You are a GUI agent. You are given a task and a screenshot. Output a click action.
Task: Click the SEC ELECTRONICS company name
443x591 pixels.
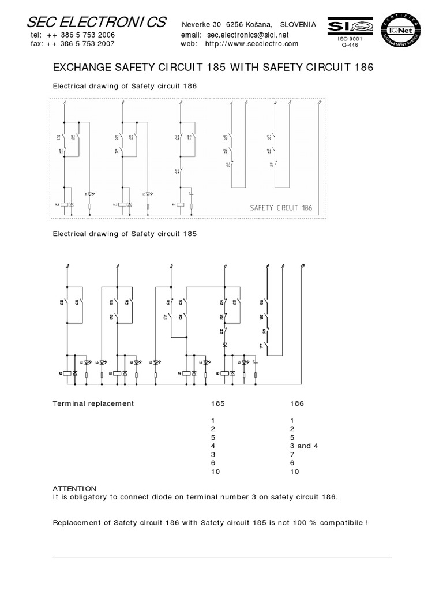[97, 23]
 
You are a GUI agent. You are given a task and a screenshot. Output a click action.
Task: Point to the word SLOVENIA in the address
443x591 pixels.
[298, 24]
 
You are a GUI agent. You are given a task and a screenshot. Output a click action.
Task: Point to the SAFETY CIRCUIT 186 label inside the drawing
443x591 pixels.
[281, 208]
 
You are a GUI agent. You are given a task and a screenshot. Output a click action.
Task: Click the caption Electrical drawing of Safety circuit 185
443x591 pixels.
[125, 234]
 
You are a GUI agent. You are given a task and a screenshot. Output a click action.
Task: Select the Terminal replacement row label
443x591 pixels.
[93, 403]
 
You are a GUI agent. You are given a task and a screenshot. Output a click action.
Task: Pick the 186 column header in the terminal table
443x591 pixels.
[296, 403]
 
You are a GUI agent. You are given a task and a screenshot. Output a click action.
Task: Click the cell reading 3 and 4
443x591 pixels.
[304, 446]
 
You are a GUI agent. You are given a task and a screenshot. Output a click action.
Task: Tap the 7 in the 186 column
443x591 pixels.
[292, 454]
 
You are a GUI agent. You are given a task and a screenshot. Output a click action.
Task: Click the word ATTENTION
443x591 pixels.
[74, 488]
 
